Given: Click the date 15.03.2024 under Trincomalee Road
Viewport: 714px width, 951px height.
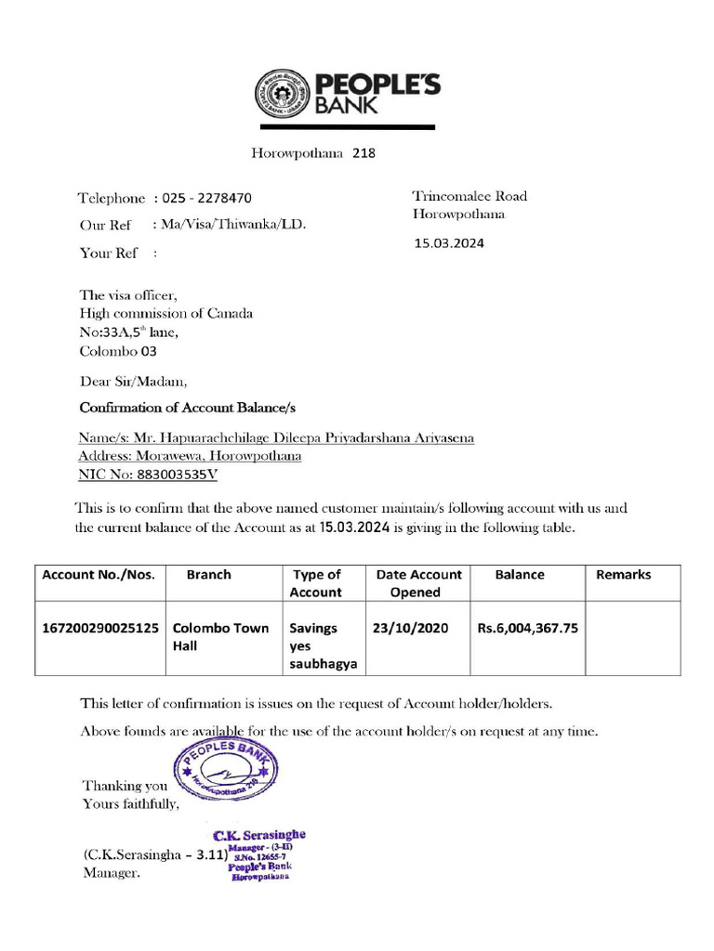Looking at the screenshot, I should [x=449, y=243].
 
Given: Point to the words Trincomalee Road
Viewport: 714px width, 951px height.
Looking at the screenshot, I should [x=469, y=196].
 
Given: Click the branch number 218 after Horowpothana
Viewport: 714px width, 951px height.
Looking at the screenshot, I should [x=364, y=153].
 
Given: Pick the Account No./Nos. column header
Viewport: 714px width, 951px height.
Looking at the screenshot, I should [x=99, y=575].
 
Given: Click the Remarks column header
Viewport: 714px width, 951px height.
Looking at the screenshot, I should [x=623, y=575].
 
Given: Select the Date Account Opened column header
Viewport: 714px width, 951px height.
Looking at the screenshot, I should [x=418, y=583].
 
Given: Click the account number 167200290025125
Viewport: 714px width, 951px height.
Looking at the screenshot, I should [x=100, y=628].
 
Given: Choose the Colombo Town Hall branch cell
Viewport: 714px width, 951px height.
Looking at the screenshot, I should [x=220, y=636].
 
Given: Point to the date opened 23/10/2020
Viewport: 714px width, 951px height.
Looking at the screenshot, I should [x=410, y=628].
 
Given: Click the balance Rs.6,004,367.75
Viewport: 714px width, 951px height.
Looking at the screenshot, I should [x=527, y=628].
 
